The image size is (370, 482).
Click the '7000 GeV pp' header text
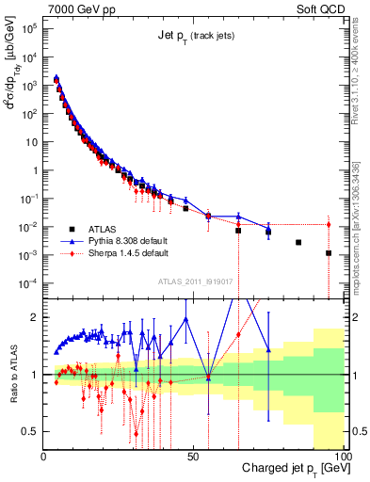(x=78, y=8)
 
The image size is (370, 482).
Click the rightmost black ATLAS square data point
(x=329, y=253)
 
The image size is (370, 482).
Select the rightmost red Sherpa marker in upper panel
(x=329, y=224)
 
